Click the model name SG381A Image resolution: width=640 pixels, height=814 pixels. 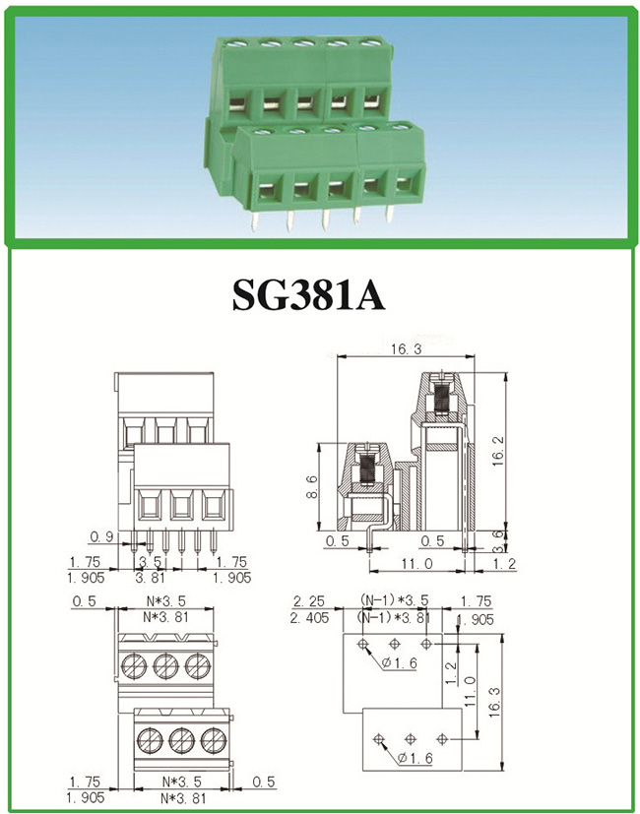pos(308,295)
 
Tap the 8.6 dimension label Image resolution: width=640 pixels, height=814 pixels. pos(312,486)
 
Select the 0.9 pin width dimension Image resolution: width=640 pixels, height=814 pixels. pos(101,537)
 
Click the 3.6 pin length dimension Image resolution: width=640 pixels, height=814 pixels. pos(497,540)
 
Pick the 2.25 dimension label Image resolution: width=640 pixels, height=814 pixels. pos(309,601)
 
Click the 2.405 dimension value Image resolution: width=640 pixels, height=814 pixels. pos(310,618)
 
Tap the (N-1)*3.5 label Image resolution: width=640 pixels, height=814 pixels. pos(395,600)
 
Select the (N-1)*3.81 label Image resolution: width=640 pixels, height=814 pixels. pos(395,617)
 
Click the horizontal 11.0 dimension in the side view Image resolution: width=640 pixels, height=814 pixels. pos(416,563)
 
